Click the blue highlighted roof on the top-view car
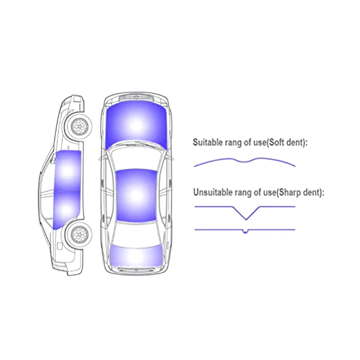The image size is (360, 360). pyautogui.click(x=136, y=194)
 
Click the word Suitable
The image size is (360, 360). pyautogui.click(x=206, y=142)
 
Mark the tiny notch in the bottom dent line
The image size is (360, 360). pyautogui.click(x=245, y=232)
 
